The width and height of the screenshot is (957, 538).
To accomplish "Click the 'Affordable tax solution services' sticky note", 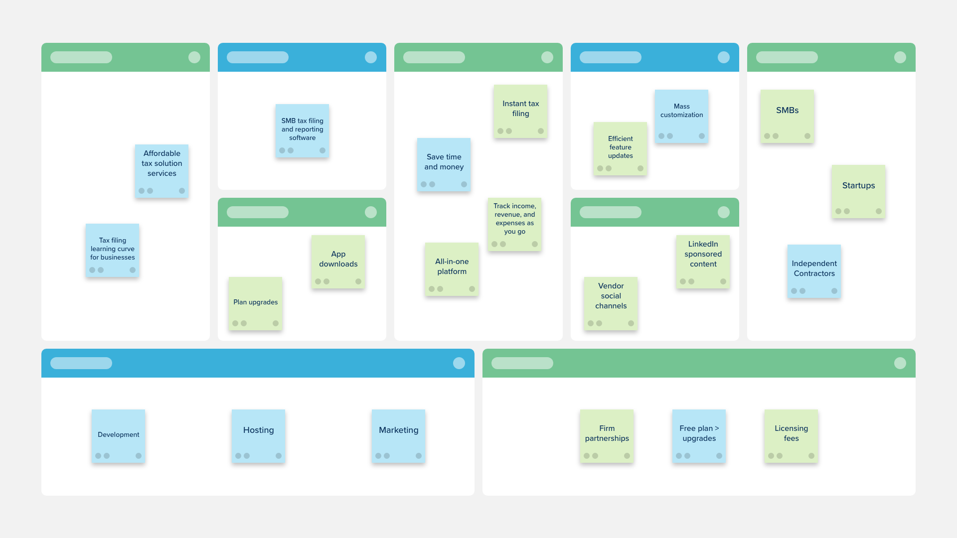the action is [x=161, y=171].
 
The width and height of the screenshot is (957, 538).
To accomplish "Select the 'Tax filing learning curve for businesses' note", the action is [x=112, y=250].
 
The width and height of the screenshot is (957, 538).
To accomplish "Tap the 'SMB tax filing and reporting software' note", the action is [x=302, y=131].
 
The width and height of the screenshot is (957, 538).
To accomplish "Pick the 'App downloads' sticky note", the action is [x=338, y=262].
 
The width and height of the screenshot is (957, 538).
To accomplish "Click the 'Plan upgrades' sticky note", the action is [x=255, y=303].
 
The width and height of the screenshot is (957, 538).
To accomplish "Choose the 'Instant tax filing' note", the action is [x=520, y=111].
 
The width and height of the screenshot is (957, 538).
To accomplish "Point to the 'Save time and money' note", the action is [x=444, y=164].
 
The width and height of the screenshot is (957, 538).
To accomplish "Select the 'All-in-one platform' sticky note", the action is [x=452, y=269].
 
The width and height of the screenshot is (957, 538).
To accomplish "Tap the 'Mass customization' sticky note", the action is [x=681, y=116].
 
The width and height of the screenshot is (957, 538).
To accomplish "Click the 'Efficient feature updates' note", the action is [x=620, y=148].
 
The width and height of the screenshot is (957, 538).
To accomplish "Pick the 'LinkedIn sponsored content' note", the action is [x=703, y=262].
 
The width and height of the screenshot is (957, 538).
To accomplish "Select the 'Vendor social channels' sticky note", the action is [x=611, y=303].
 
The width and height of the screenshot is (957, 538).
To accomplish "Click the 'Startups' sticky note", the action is [x=858, y=191].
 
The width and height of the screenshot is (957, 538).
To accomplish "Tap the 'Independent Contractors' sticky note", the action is [x=814, y=271].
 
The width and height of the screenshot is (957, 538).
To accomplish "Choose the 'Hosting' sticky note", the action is [x=258, y=436].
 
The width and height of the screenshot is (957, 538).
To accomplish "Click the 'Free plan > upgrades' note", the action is [x=699, y=436].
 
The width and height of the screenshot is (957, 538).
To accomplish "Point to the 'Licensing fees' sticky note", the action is [x=791, y=436].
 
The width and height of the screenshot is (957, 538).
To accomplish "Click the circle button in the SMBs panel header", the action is [x=900, y=57].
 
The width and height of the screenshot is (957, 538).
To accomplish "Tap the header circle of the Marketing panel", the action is [x=459, y=363].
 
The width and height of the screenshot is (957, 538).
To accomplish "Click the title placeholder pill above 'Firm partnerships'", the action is [x=522, y=363].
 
